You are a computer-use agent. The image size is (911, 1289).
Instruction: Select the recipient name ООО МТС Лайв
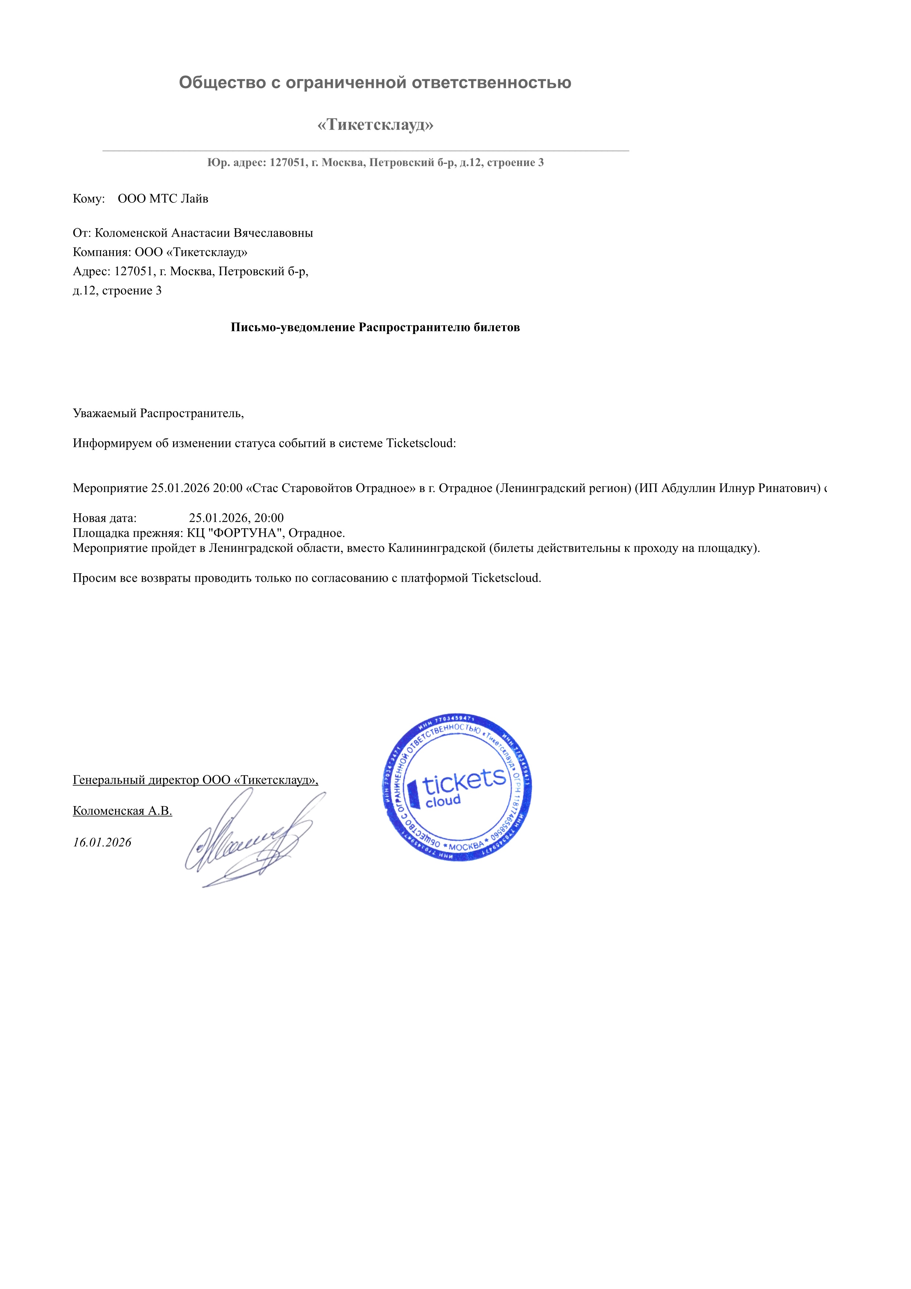[x=163, y=199]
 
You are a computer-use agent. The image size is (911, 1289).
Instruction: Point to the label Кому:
[x=89, y=199]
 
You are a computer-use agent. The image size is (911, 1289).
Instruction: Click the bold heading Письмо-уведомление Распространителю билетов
[x=375, y=327]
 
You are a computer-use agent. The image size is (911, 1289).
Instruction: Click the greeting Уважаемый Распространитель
[x=158, y=413]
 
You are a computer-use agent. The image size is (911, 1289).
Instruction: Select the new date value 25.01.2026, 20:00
[x=236, y=518]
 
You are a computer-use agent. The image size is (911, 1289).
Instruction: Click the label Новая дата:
[x=104, y=518]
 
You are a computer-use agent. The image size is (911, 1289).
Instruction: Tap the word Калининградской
[x=437, y=548]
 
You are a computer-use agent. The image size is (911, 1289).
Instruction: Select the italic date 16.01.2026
[x=102, y=842]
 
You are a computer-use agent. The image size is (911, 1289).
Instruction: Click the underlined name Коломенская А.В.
[x=122, y=811]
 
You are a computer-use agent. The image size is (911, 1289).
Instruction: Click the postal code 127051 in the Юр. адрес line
[x=287, y=163]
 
